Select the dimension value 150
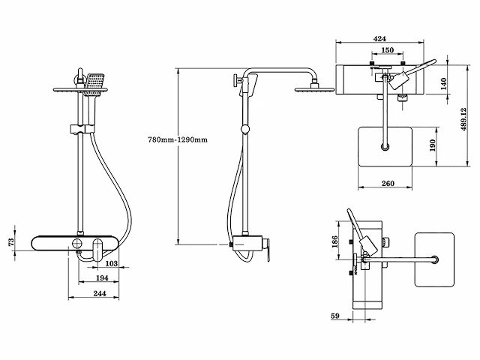(x=386, y=50)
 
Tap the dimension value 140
(x=442, y=82)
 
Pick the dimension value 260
(x=388, y=182)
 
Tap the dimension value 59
(x=335, y=316)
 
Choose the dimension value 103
(x=110, y=263)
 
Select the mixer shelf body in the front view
(x=75, y=243)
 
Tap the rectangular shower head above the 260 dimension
(x=387, y=147)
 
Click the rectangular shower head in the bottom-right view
(x=435, y=260)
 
